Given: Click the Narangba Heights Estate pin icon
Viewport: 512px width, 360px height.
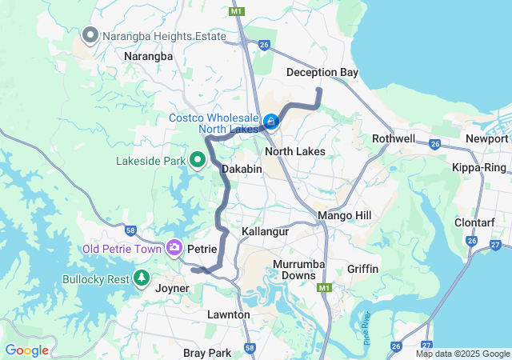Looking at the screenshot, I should click(x=90, y=35).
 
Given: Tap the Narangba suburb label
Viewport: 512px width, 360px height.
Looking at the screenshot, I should click(x=148, y=57).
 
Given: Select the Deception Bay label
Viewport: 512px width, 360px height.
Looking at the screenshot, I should click(x=322, y=73).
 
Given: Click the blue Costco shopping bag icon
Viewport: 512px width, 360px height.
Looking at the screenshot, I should click(x=271, y=122).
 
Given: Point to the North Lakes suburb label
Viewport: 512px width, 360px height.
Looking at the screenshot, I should click(x=294, y=151).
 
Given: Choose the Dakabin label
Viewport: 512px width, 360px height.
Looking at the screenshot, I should click(x=242, y=170).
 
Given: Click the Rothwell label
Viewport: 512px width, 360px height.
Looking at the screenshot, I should click(x=394, y=138).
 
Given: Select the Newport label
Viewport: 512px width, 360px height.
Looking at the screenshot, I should click(x=487, y=138).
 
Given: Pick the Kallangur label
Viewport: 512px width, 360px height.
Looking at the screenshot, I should click(x=265, y=231).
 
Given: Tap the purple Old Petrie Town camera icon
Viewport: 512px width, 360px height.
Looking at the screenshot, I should click(x=174, y=249).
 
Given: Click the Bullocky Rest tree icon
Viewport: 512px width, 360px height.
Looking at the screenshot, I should click(x=142, y=278).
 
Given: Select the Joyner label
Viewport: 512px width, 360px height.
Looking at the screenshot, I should click(x=172, y=288).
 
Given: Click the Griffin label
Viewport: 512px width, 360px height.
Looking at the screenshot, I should click(x=363, y=269).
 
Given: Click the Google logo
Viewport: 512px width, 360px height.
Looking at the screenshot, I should click(x=26, y=350).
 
